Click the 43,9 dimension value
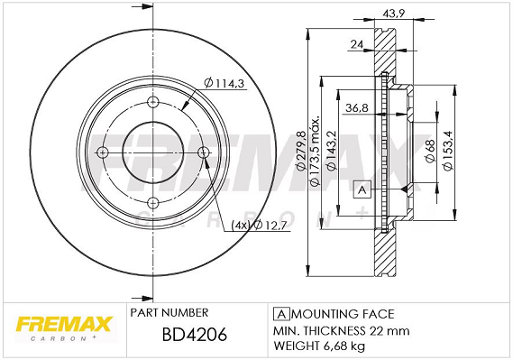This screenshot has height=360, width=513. click(394, 14)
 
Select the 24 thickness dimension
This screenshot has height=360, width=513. click(357, 44)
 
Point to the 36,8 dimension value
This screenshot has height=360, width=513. click(357, 107)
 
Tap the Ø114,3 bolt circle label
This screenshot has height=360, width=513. click(224, 83)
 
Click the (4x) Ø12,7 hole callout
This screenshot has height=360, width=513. click(259, 226)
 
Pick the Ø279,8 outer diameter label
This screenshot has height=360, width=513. click(300, 151)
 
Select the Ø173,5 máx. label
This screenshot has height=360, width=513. click(315, 151)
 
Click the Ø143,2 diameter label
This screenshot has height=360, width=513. click(332, 151)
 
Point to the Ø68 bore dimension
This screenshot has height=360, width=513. click(430, 151)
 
